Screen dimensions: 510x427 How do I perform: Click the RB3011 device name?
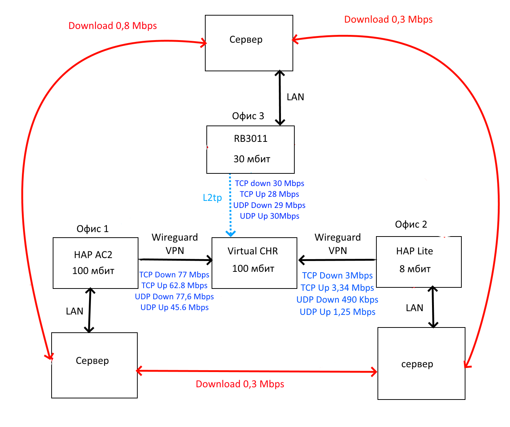[251, 138]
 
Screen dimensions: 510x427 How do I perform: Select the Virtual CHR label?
[253, 251]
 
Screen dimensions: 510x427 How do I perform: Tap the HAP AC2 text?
[93, 255]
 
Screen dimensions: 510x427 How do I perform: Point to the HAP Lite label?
[415, 251]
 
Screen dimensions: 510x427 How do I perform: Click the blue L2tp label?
[212, 198]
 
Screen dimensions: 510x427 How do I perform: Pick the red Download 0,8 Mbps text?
[112, 26]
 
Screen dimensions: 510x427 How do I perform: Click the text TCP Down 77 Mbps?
[174, 274]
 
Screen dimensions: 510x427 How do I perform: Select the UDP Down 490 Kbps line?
[337, 299]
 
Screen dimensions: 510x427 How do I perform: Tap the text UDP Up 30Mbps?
[269, 216]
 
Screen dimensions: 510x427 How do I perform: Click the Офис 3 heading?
[248, 116]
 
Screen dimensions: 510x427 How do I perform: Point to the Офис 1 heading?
[92, 229]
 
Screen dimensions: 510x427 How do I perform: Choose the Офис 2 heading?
[411, 224]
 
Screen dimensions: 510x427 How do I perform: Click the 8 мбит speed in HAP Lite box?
[415, 269]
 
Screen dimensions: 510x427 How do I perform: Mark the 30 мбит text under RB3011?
[252, 159]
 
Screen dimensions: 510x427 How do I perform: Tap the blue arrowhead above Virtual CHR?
[231, 234]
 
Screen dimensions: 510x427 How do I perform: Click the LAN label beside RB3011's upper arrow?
[295, 97]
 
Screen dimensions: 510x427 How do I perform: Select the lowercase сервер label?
[417, 364]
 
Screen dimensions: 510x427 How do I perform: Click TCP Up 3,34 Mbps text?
[337, 288]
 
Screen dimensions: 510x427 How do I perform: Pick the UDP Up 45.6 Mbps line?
[174, 307]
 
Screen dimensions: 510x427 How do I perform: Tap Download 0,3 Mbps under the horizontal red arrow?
[240, 384]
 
